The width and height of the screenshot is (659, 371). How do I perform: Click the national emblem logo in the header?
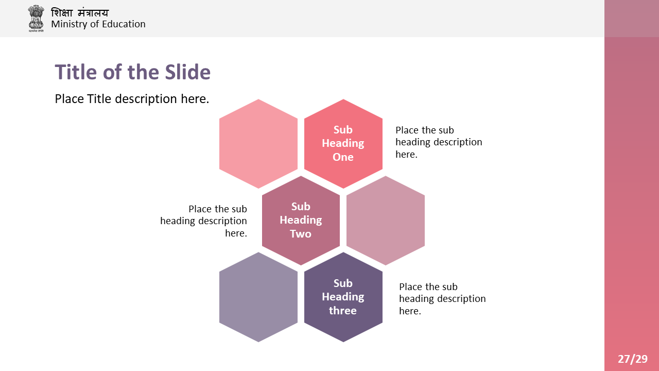36,18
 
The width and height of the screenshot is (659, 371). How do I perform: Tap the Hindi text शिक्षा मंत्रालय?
80,13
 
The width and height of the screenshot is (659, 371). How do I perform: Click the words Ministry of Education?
98,24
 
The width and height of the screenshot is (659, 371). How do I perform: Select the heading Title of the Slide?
133,72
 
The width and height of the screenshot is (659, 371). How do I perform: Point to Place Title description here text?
132,99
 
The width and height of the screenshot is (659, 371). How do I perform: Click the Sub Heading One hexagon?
343,144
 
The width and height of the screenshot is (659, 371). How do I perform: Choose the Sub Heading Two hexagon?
301,221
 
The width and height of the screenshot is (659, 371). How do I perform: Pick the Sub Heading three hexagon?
343,297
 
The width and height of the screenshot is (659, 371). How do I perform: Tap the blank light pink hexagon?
258,144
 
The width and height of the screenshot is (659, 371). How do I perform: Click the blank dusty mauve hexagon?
386,221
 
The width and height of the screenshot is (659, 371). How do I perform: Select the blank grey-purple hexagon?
258,297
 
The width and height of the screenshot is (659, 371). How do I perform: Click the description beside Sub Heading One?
439,142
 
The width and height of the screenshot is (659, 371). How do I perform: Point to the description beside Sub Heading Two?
203,221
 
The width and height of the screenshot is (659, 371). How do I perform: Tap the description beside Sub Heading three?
442,299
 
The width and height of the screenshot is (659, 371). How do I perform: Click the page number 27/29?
633,359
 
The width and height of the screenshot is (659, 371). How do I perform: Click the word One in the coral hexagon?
343,157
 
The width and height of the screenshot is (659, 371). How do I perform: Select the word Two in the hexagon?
301,234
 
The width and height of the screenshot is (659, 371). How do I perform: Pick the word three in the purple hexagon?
343,311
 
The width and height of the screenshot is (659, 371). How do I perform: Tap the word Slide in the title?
188,72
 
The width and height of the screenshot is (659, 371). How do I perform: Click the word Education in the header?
124,24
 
